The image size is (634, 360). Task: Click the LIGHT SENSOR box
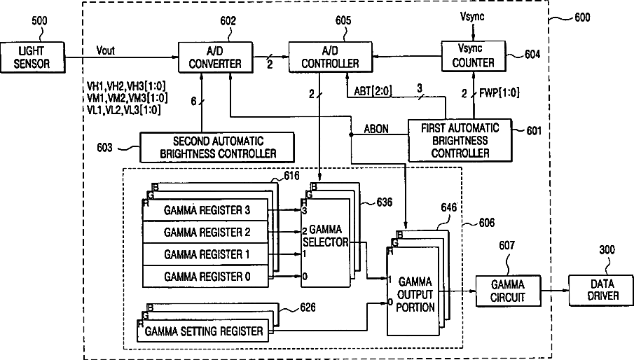click(32, 57)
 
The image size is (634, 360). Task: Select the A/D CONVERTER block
click(216, 57)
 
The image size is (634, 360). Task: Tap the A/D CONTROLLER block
click(330, 57)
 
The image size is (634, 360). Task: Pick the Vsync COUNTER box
click(473, 56)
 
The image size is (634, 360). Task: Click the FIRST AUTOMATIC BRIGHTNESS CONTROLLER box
click(460, 141)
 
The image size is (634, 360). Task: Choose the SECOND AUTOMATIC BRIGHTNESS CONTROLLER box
click(217, 148)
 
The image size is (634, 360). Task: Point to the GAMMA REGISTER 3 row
click(205, 210)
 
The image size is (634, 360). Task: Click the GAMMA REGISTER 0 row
click(205, 277)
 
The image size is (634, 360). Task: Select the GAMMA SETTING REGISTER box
click(202, 331)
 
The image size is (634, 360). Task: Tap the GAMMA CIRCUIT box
click(508, 291)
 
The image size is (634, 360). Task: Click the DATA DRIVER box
click(601, 290)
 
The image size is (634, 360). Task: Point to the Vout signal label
click(106, 50)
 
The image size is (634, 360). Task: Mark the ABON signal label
click(376, 129)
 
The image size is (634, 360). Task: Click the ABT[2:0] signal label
click(373, 91)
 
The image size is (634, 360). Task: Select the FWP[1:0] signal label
click(499, 93)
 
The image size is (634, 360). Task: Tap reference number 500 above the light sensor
click(39, 20)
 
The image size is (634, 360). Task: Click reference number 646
click(448, 208)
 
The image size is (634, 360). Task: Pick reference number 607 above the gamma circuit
click(506, 246)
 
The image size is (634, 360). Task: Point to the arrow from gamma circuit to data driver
click(555, 291)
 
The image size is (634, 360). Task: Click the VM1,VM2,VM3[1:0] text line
click(127, 98)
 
